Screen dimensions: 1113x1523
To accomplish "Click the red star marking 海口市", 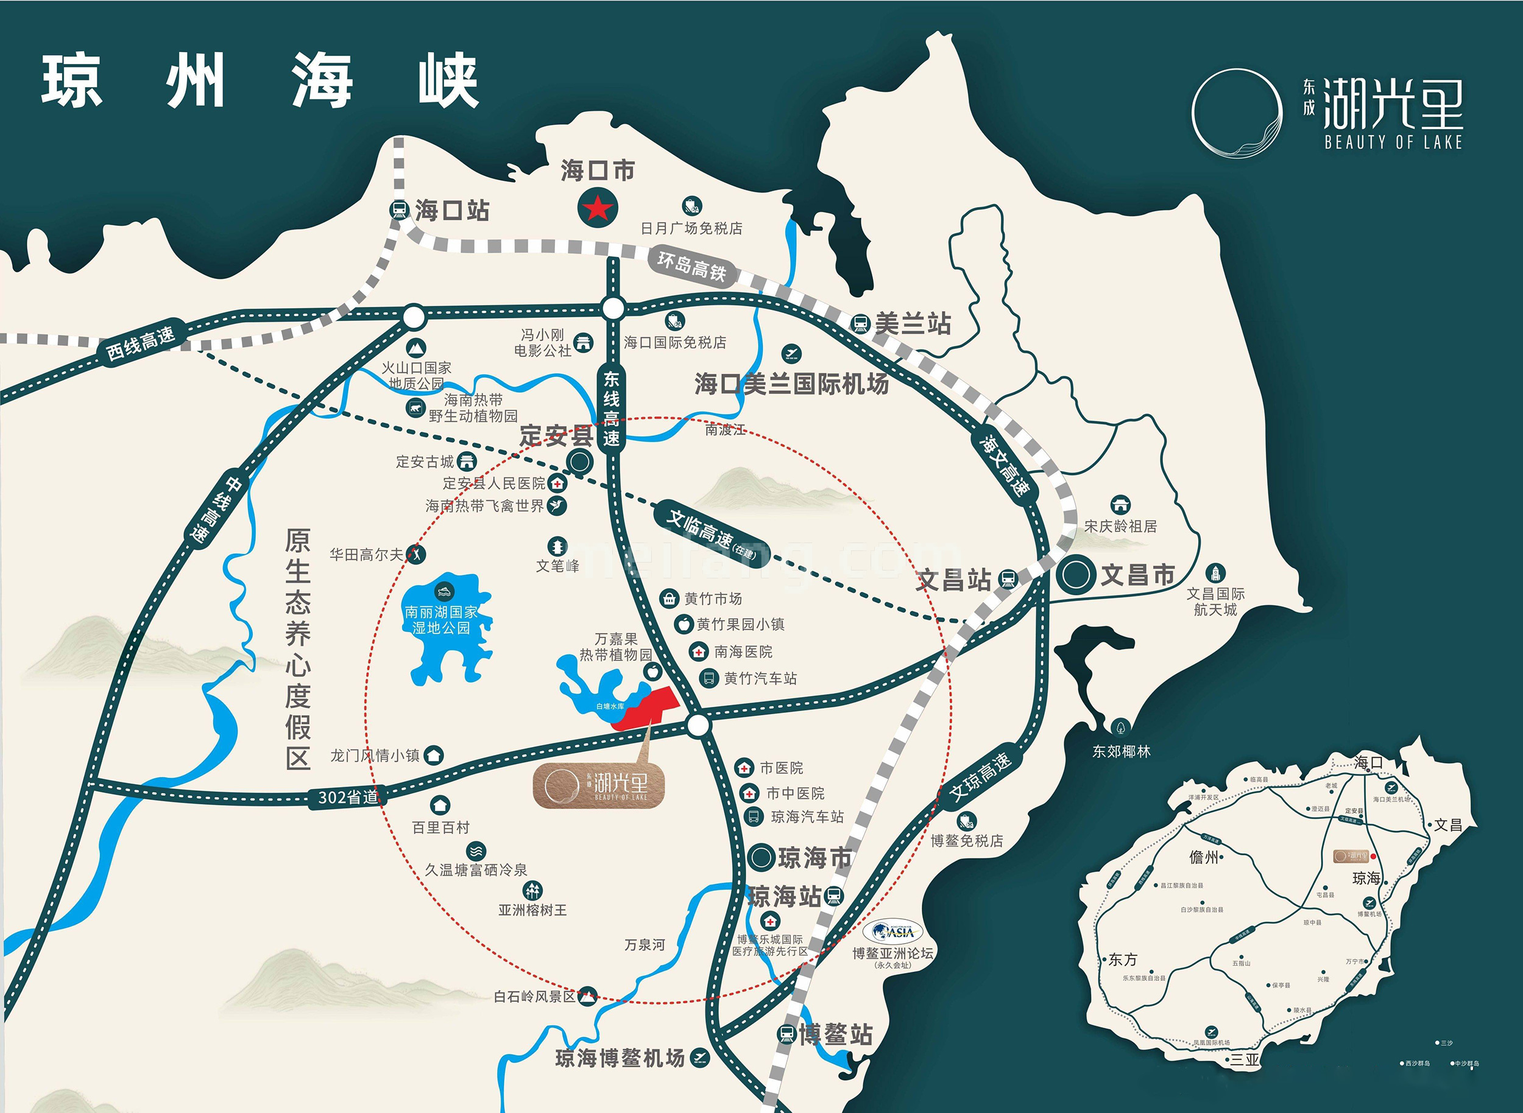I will (x=596, y=208).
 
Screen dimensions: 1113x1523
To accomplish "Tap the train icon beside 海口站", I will (x=398, y=210).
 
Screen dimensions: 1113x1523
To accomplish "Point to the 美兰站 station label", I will (x=912, y=324).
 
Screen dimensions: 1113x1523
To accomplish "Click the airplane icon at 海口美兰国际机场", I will (x=790, y=353).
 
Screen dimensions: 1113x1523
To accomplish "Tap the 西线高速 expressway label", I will (x=140, y=343).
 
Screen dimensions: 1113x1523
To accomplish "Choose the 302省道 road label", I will (x=348, y=797).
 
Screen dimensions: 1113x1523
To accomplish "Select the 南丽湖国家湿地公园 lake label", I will (x=441, y=620).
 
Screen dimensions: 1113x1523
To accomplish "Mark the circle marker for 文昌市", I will (x=1075, y=575).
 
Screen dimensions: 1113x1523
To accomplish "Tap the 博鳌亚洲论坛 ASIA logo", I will (x=892, y=932).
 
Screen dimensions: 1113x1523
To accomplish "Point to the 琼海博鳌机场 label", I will (x=620, y=1058).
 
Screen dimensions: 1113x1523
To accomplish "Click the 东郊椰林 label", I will (x=1121, y=751).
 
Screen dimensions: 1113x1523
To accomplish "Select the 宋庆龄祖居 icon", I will (x=1120, y=505).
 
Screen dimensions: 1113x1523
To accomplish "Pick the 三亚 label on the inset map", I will (x=1245, y=1058).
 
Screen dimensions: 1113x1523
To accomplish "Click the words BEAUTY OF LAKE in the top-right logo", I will (x=1393, y=142).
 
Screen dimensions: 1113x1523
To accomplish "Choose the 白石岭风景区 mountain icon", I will (x=588, y=994).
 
